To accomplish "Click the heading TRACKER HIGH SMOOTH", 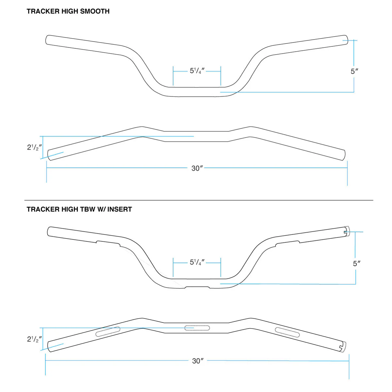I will pos(68,11).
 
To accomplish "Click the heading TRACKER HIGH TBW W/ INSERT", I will pos(79,209).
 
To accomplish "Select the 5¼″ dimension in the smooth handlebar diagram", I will pos(197,71).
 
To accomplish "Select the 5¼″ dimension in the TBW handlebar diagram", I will pos(197,262).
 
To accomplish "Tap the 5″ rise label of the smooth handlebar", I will pos(354,71).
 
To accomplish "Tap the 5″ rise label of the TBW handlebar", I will pos(356,263).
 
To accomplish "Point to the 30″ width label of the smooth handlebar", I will pos(197,168).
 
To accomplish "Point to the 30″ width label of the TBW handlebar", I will pos(198,361).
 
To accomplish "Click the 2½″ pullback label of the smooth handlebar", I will pos(34,147).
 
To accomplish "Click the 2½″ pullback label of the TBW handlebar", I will pos(34,339).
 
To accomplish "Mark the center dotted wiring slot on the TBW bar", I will pos(197,328).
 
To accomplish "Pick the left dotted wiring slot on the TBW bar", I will pos(107,332).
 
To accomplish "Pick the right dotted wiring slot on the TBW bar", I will pos(287,332).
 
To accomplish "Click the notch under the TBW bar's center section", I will pos(197,287).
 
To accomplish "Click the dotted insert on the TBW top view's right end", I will pos(343,347).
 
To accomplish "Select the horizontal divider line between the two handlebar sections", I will pos(199,200).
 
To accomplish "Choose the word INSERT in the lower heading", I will pos(120,209).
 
